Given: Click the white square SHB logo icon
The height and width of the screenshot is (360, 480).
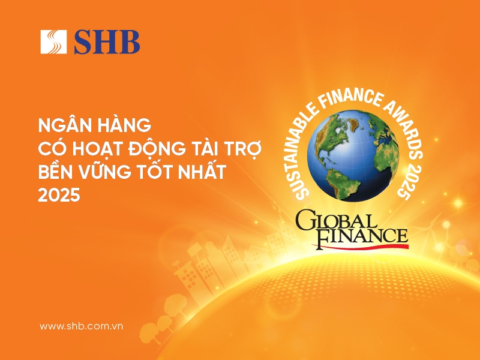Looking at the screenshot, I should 53,41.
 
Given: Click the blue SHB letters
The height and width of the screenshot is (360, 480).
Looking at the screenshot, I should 107,42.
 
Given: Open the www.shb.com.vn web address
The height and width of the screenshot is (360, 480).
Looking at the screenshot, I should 81,326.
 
